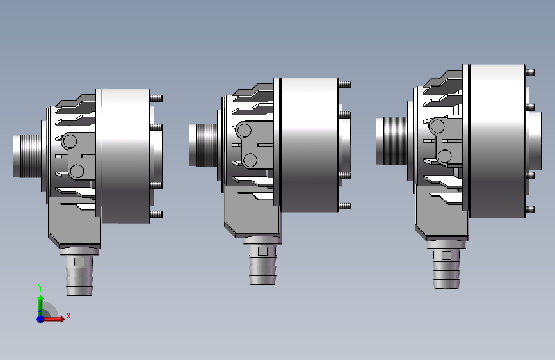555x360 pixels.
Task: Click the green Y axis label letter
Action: pyautogui.click(x=40, y=288)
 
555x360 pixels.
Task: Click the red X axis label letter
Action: pyautogui.click(x=68, y=316)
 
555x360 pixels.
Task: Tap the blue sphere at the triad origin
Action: pyautogui.click(x=41, y=319)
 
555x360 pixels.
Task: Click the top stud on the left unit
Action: pyautogui.click(x=156, y=98)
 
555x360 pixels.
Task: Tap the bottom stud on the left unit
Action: pyautogui.click(x=156, y=214)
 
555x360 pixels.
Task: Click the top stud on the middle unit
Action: pyautogui.click(x=344, y=84)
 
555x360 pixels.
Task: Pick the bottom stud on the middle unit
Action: pyautogui.click(x=344, y=206)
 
